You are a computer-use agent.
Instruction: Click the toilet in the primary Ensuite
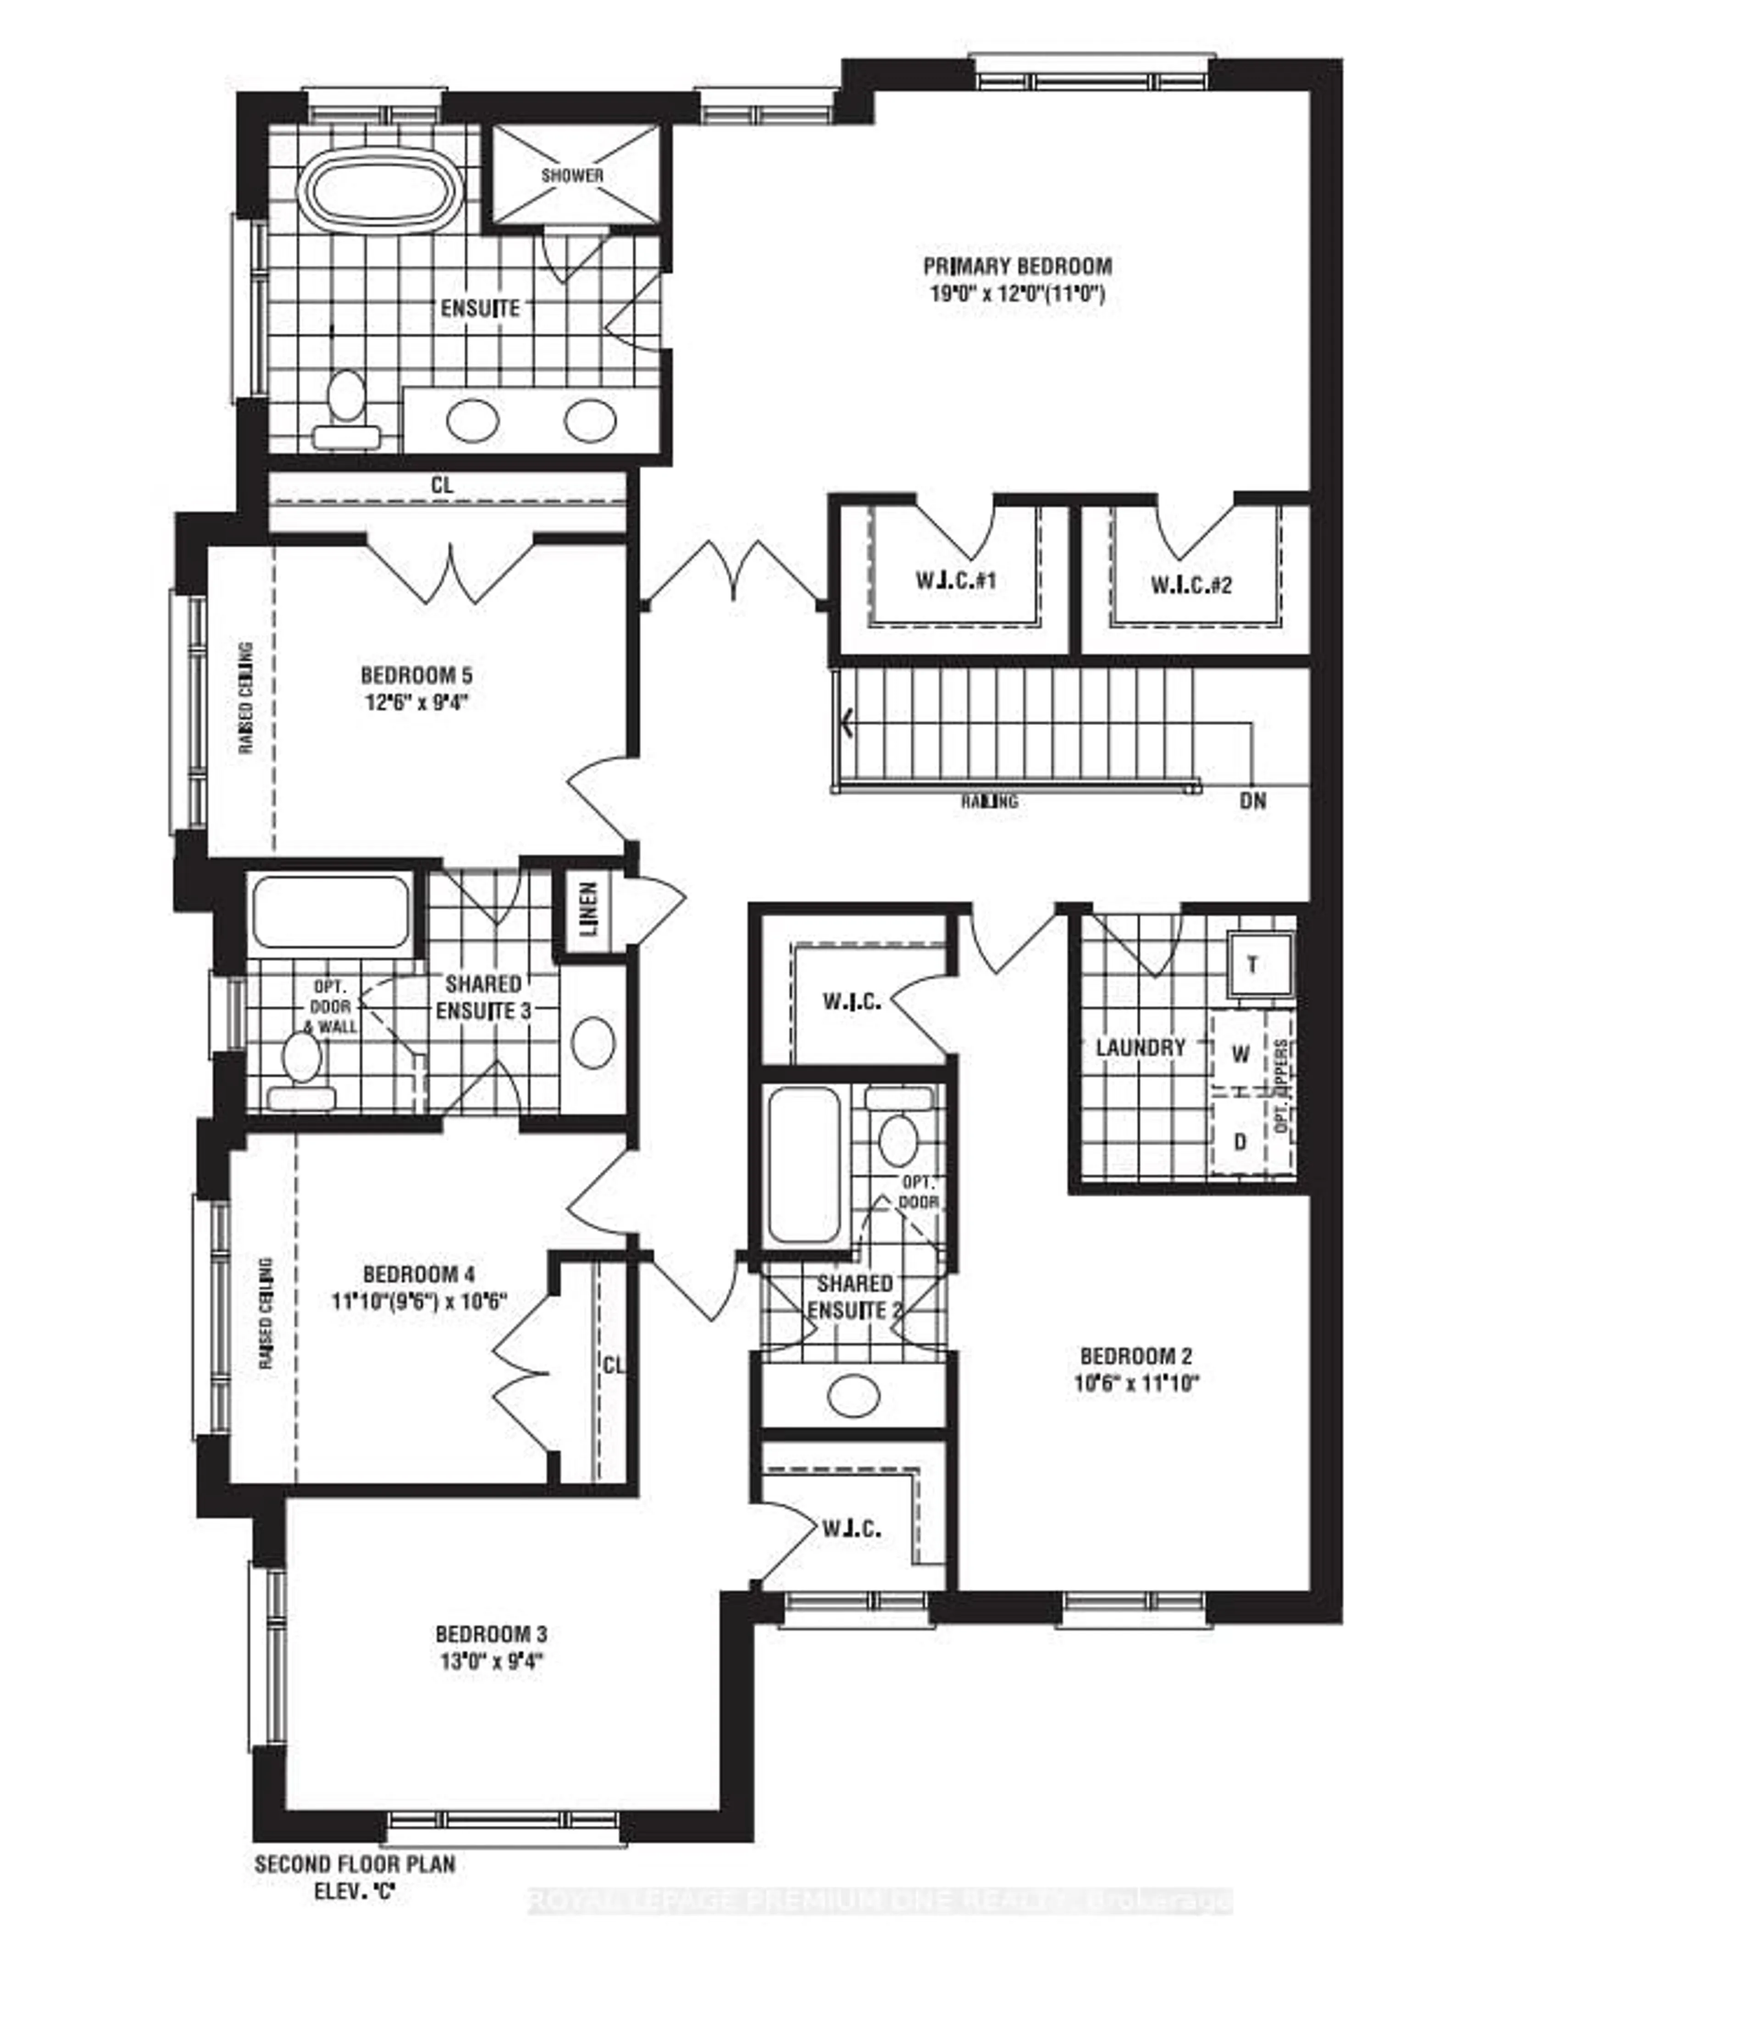(346, 411)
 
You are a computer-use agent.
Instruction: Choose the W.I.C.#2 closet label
(1191, 586)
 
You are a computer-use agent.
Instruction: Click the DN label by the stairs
(1253, 801)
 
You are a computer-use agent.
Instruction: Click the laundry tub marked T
(1253, 965)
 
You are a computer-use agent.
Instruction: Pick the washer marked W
(1240, 1055)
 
